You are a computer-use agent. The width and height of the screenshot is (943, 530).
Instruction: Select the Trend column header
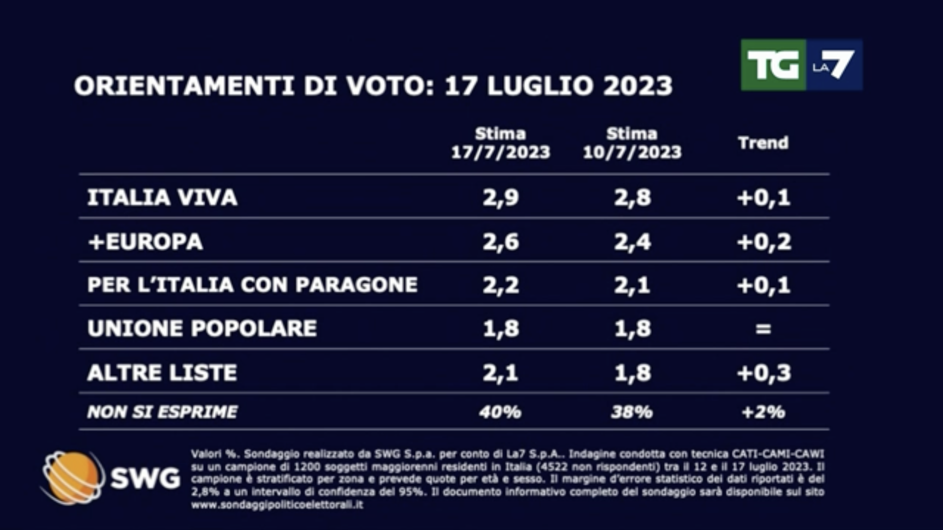[763, 143]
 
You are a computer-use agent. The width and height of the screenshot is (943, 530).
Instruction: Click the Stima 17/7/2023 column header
[500, 143]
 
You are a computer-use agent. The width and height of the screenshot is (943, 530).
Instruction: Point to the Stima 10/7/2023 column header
[632, 143]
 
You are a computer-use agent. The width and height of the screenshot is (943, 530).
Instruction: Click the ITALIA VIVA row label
[162, 198]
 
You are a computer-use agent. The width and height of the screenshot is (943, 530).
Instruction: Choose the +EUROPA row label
[145, 242]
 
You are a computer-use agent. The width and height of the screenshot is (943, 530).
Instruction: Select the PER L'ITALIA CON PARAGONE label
[252, 285]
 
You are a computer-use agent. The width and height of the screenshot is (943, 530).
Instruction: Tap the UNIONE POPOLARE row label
[202, 328]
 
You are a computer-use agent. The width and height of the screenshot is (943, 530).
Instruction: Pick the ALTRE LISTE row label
[162, 372]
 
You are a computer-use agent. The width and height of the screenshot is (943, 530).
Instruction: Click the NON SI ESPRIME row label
[162, 412]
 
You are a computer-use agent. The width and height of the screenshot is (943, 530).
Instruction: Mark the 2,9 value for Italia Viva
[500, 198]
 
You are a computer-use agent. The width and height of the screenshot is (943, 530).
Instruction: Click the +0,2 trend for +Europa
[764, 242]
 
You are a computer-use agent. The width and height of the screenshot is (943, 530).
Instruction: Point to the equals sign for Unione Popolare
[763, 329]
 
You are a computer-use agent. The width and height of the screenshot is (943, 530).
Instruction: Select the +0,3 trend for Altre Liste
[764, 373]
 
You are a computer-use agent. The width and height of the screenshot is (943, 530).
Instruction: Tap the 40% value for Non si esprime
[500, 412]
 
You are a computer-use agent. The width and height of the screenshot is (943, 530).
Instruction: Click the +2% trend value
[763, 412]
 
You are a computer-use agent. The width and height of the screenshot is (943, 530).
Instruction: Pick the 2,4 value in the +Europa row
[632, 242]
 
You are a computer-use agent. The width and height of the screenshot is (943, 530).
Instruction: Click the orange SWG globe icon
[73, 477]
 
